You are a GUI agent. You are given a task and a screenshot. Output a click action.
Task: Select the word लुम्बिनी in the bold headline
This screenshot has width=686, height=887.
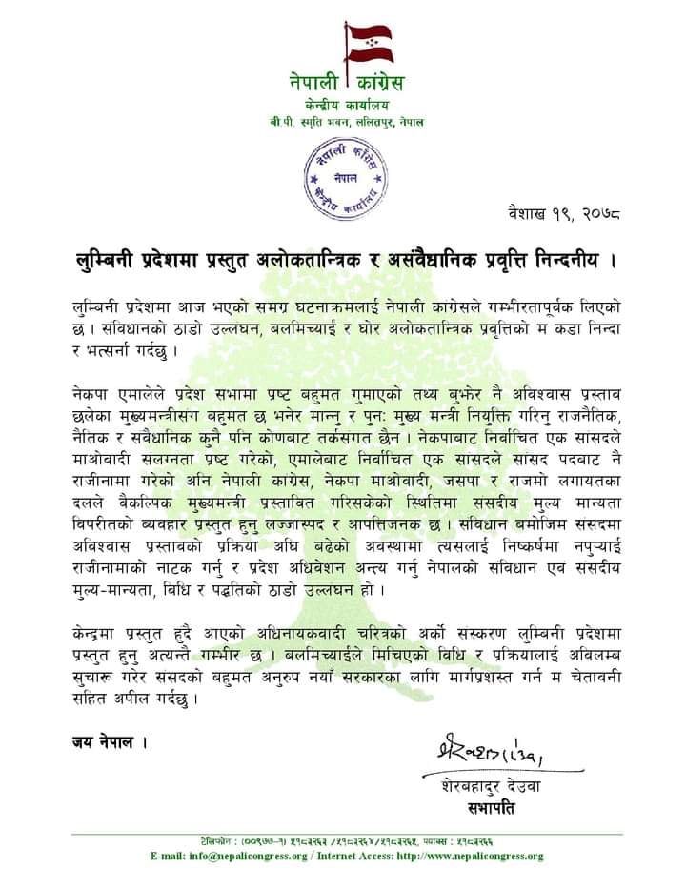[x=113, y=258]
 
